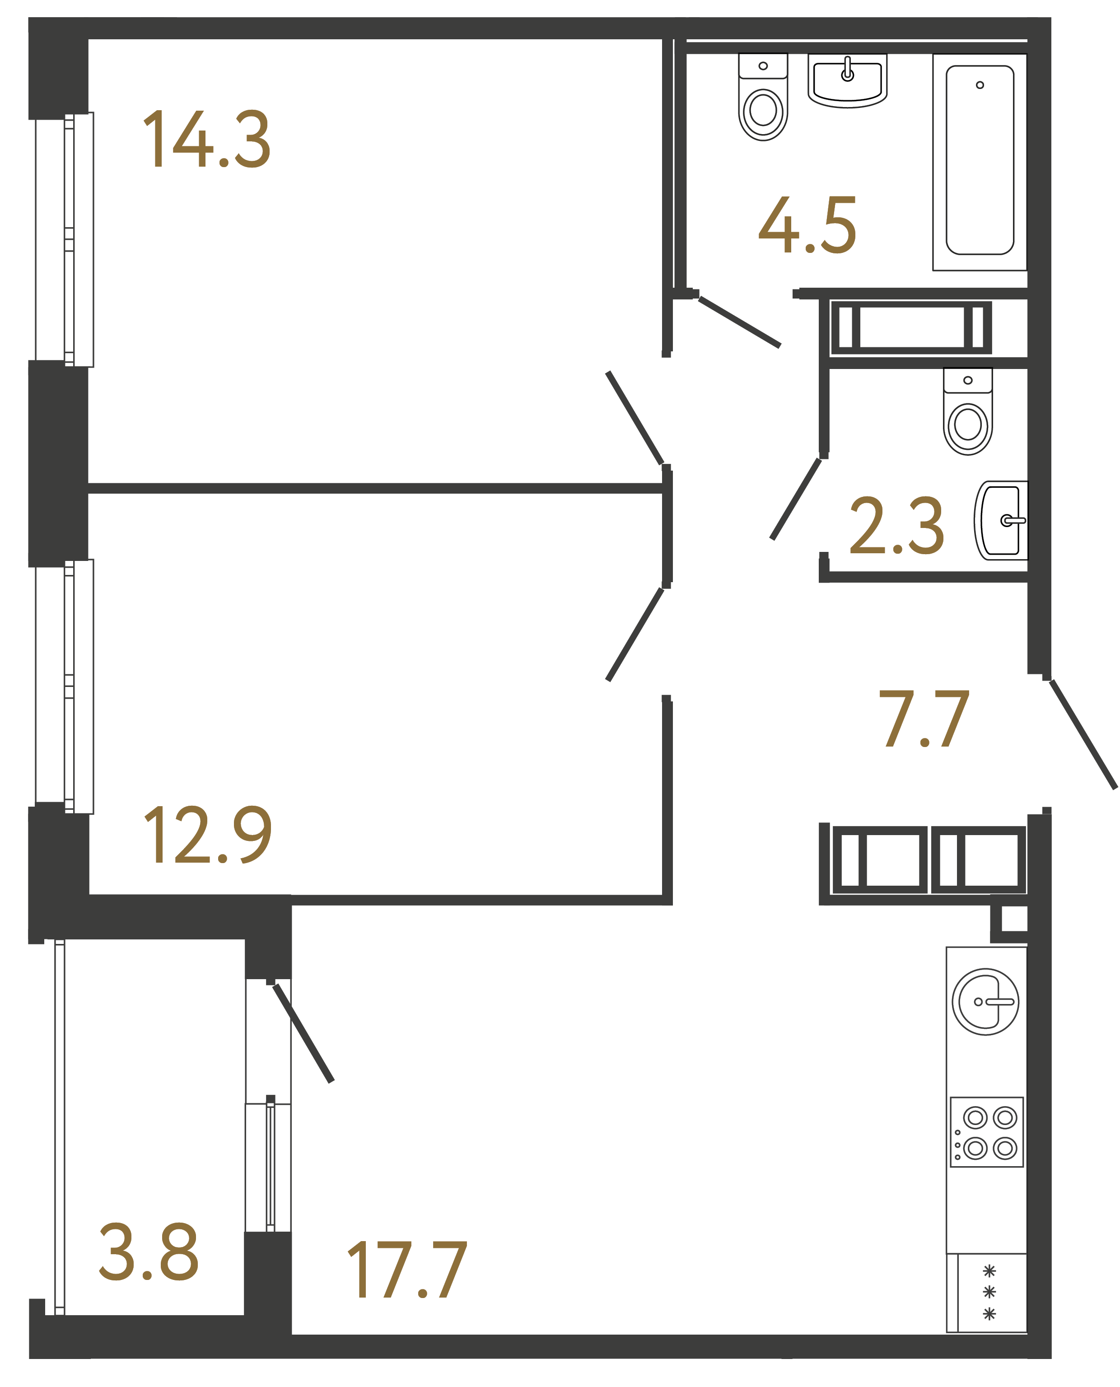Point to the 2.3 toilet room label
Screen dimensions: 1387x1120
click(x=897, y=526)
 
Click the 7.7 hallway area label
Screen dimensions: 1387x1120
click(x=924, y=718)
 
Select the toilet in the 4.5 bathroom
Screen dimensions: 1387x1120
click(x=763, y=98)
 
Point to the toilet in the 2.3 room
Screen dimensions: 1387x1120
click(x=968, y=413)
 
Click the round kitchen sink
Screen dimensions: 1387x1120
click(x=985, y=1002)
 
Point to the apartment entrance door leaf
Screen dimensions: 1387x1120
click(x=1083, y=734)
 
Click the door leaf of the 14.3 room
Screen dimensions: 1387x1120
click(x=635, y=418)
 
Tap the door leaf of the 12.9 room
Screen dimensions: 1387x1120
click(x=635, y=634)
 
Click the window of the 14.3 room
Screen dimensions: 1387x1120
click(x=65, y=240)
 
